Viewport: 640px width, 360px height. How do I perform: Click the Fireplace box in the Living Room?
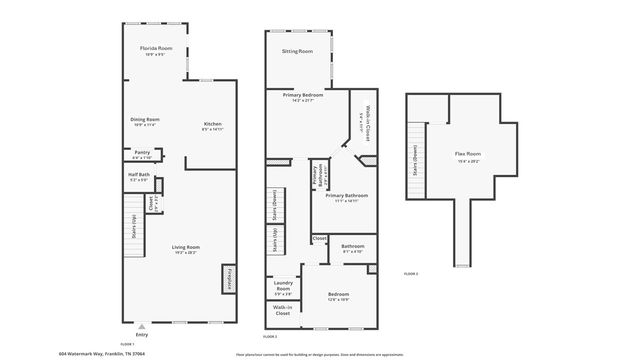coord(230,277)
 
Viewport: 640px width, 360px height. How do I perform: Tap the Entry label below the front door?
coord(141,334)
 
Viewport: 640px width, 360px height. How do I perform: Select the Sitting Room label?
coord(297,51)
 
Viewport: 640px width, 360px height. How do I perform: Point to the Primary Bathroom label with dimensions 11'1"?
coord(347,197)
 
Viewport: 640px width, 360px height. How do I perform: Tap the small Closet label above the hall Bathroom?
coord(319,238)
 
